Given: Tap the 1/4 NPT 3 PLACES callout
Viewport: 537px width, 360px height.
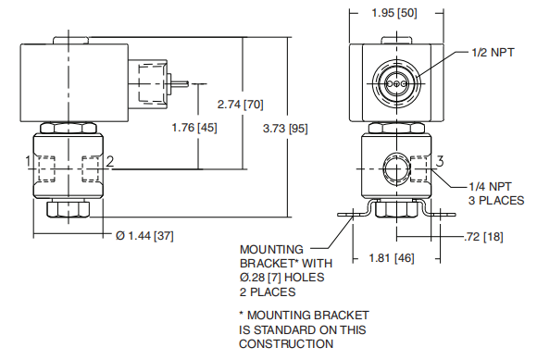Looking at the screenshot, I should tap(496, 193).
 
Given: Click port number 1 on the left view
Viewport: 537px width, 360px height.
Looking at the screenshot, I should tap(30, 162).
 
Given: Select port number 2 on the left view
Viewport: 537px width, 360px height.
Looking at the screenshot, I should tap(110, 162).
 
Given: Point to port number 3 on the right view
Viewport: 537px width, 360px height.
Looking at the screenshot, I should tap(442, 162).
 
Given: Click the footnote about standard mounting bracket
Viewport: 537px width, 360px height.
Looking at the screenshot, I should tap(303, 329).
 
